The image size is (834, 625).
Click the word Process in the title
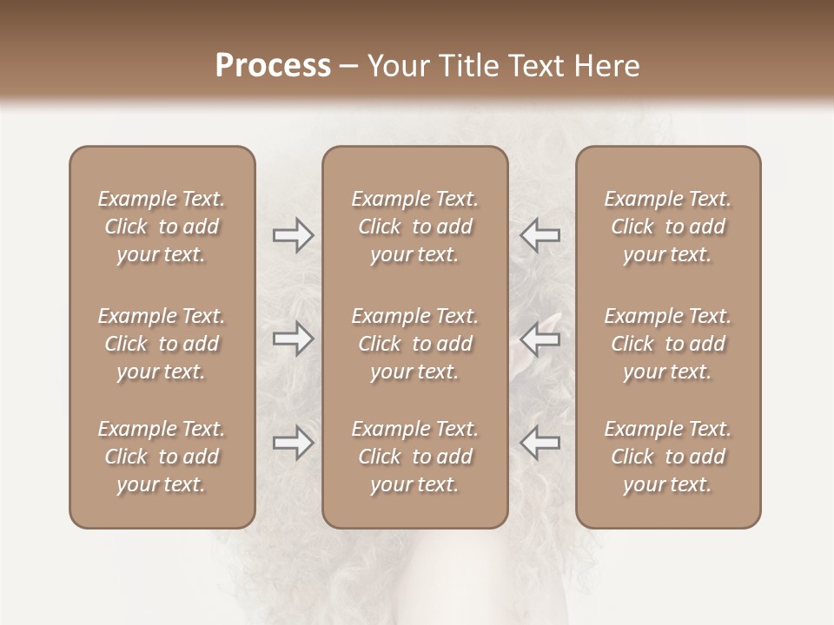pos(273,65)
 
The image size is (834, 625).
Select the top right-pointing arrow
pos(293,235)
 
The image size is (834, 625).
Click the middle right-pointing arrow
pos(293,339)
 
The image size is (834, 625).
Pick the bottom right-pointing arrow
pos(293,443)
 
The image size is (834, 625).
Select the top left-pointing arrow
pos(539,235)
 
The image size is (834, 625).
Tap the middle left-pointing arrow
pos(539,339)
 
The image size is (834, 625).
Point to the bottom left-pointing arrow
pos(539,443)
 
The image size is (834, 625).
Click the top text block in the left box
pos(162,227)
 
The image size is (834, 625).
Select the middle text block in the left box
pos(162,344)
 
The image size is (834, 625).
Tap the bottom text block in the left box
pos(162,457)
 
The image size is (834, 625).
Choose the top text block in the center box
pos(414,227)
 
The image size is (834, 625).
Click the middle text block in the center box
pos(414,344)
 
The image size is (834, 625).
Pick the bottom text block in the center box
pos(414,457)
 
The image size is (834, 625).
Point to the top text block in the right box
pos(667,227)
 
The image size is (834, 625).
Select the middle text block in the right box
pos(667,344)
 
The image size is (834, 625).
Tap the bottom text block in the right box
pos(667,457)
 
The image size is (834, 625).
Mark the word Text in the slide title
pos(530,65)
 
